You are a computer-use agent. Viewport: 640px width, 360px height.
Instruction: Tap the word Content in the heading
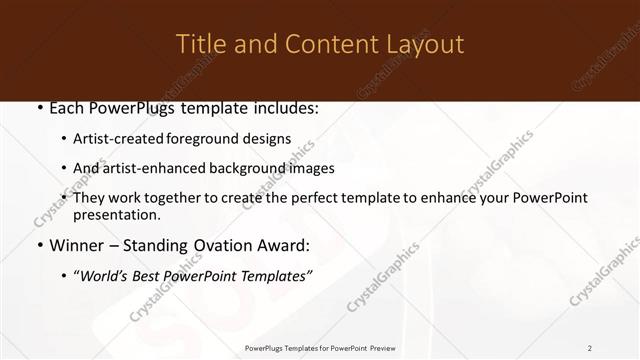pyautogui.click(x=322, y=44)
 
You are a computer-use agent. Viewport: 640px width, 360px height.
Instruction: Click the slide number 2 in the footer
pyautogui.click(x=590, y=348)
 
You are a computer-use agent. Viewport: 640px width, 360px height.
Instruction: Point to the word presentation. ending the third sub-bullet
pyautogui.click(x=117, y=215)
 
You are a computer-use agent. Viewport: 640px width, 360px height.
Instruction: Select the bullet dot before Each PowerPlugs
pyautogui.click(x=39, y=109)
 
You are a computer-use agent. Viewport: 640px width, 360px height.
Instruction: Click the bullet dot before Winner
pyautogui.click(x=39, y=245)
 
